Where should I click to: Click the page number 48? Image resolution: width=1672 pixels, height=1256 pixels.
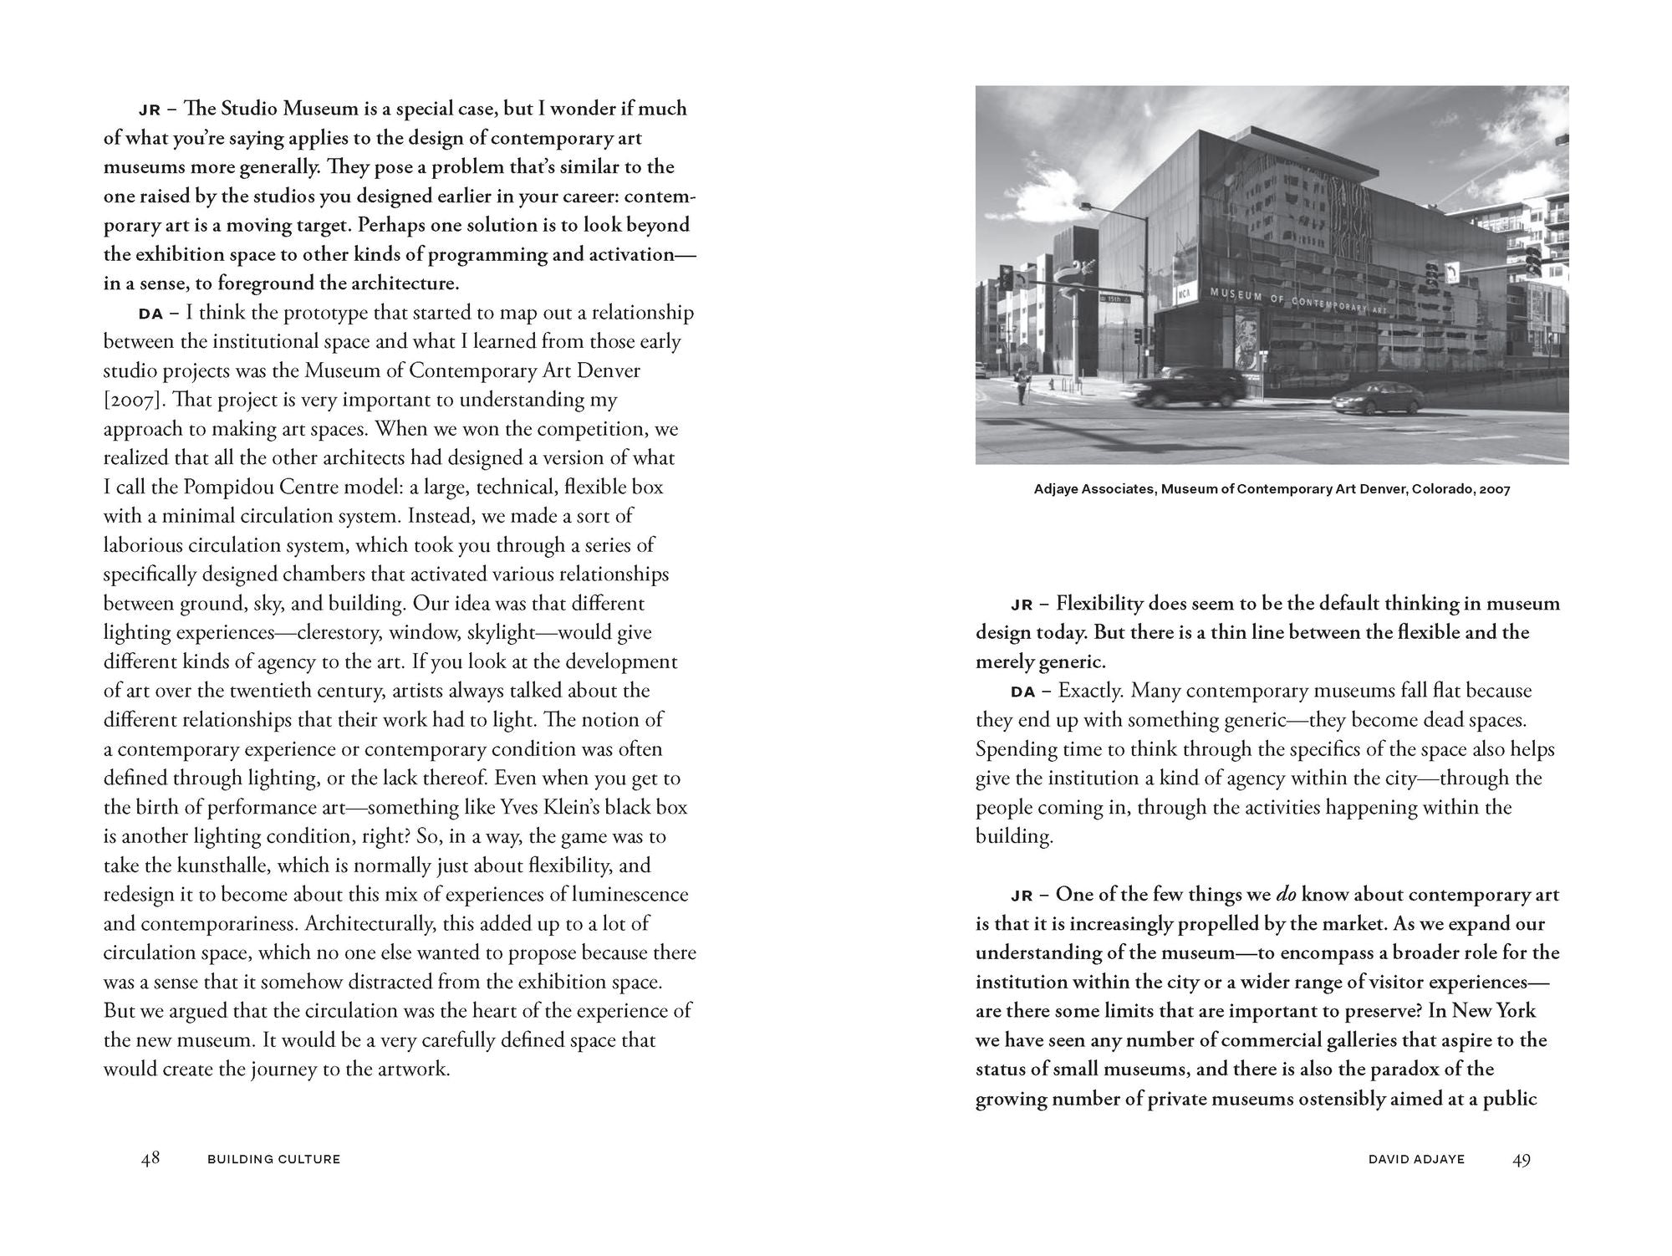click(x=150, y=1159)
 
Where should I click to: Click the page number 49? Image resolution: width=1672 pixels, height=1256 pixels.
click(x=1522, y=1159)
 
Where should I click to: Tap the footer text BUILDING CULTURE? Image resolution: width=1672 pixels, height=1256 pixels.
click(x=273, y=1160)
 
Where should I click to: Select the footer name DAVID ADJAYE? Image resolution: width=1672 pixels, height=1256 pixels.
click(x=1416, y=1160)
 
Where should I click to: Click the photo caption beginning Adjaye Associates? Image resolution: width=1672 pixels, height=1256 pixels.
click(x=1272, y=489)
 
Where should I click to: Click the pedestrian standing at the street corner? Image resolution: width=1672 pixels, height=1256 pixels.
click(x=1021, y=389)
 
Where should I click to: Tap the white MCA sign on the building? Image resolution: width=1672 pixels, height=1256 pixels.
click(x=1184, y=295)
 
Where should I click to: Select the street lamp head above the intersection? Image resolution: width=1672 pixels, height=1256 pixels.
click(x=1086, y=205)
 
